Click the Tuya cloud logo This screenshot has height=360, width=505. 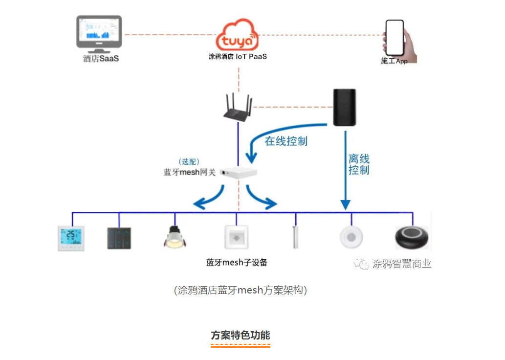coord(238,35)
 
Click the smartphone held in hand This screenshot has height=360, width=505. coord(395,38)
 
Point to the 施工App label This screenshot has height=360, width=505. coord(394,61)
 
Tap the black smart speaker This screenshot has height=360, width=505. coord(344,108)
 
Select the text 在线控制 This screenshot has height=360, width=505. coord(286,141)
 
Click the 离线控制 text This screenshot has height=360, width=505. coord(359,164)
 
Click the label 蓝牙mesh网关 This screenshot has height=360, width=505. coord(189,173)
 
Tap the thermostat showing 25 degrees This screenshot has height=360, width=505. coord(71,238)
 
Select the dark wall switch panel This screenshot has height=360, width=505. coord(119,238)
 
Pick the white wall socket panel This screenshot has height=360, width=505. coord(237,237)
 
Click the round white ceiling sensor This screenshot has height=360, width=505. coord(351,237)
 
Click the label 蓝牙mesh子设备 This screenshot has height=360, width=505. coord(237,263)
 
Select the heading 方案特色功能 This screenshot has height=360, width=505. coord(240,336)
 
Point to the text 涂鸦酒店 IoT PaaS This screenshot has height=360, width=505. coord(238,57)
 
